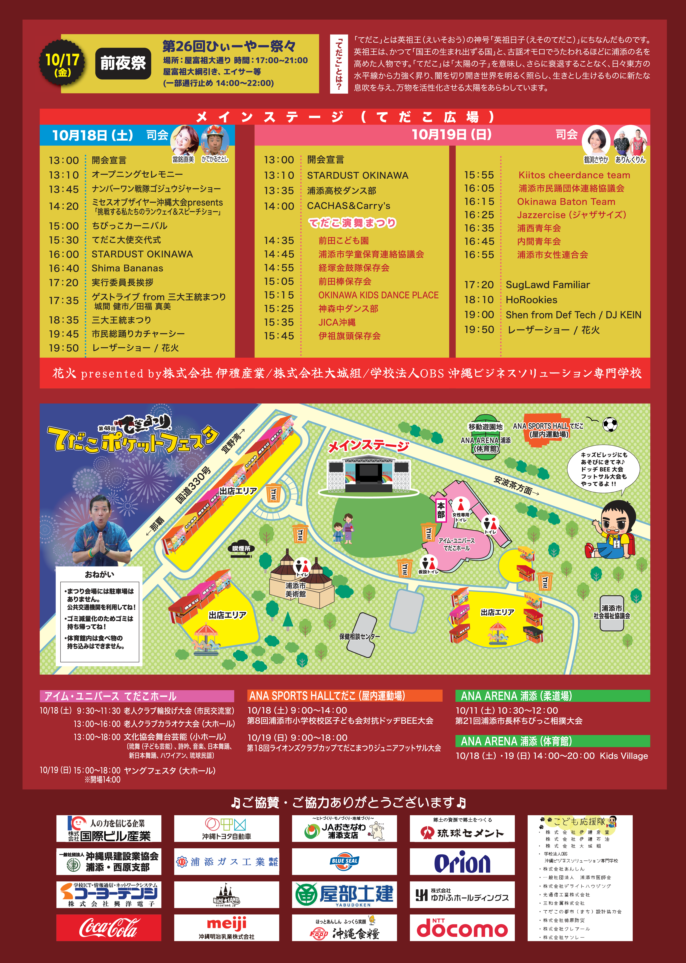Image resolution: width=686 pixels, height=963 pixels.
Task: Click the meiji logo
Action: [226, 925]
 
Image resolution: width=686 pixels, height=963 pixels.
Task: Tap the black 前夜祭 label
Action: [123, 63]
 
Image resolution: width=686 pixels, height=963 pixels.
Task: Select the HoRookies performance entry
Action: [531, 300]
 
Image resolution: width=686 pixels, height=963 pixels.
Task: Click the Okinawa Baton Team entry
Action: [566, 202]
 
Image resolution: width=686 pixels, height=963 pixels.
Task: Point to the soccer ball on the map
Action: [610, 424]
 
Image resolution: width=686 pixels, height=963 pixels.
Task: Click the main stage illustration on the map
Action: [369, 475]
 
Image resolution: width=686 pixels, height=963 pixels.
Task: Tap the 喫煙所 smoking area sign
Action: [241, 548]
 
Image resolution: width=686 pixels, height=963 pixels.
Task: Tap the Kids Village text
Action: [623, 756]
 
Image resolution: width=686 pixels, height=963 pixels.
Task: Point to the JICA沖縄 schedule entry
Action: [337, 322]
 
